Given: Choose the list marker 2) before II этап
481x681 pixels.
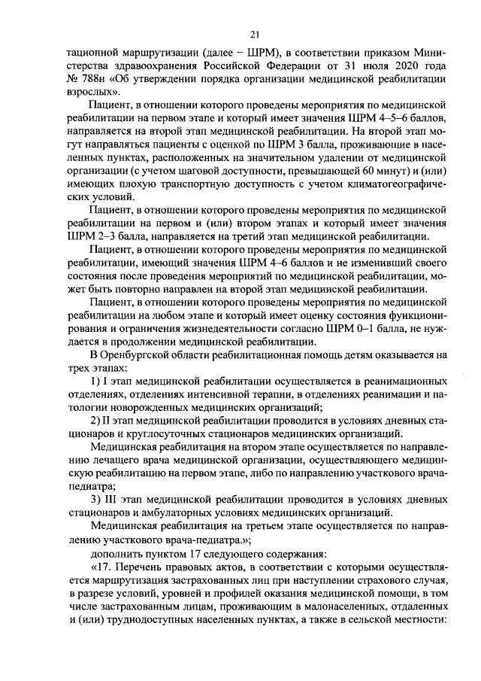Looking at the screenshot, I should (x=95, y=420).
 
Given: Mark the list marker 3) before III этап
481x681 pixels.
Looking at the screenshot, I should (x=95, y=499).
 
